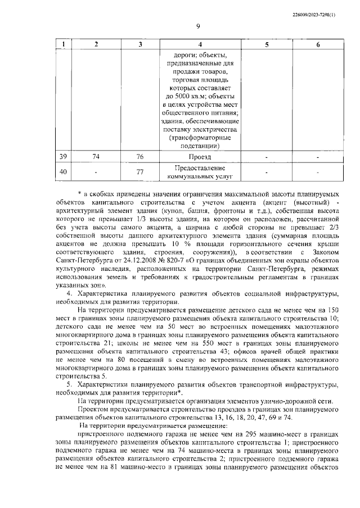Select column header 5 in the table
tap(267, 44)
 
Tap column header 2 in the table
tap(97, 44)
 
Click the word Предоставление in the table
tap(200, 168)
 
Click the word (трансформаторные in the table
tap(200, 137)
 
